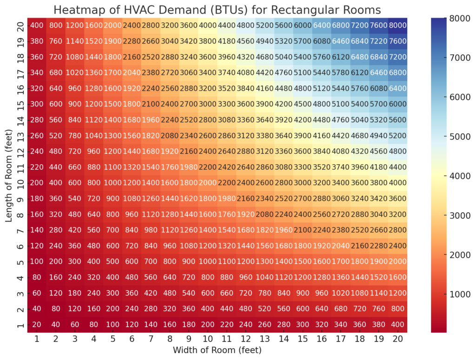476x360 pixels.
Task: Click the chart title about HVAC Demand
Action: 217,10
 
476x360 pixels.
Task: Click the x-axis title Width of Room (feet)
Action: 217,349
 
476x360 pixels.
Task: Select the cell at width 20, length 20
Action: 397,26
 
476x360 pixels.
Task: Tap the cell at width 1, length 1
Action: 36,324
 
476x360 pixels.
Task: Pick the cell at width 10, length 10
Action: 207,183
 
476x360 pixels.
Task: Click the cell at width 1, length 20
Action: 36,26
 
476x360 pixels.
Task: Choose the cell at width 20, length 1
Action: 397,324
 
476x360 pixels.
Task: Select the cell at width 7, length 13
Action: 150,136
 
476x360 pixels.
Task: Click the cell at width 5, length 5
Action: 112,261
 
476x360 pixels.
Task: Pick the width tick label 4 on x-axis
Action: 93,340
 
